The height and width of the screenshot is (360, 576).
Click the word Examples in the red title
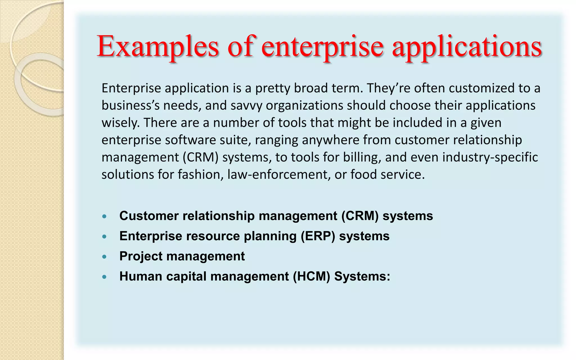tap(157, 47)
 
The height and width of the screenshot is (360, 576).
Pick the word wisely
tap(120, 123)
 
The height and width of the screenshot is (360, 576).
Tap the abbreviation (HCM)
tap(311, 276)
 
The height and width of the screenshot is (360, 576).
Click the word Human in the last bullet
tap(141, 276)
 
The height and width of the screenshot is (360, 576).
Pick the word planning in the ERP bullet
tap(270, 237)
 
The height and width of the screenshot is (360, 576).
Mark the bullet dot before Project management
tap(105, 257)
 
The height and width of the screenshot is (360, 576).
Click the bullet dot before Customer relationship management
tap(105, 217)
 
